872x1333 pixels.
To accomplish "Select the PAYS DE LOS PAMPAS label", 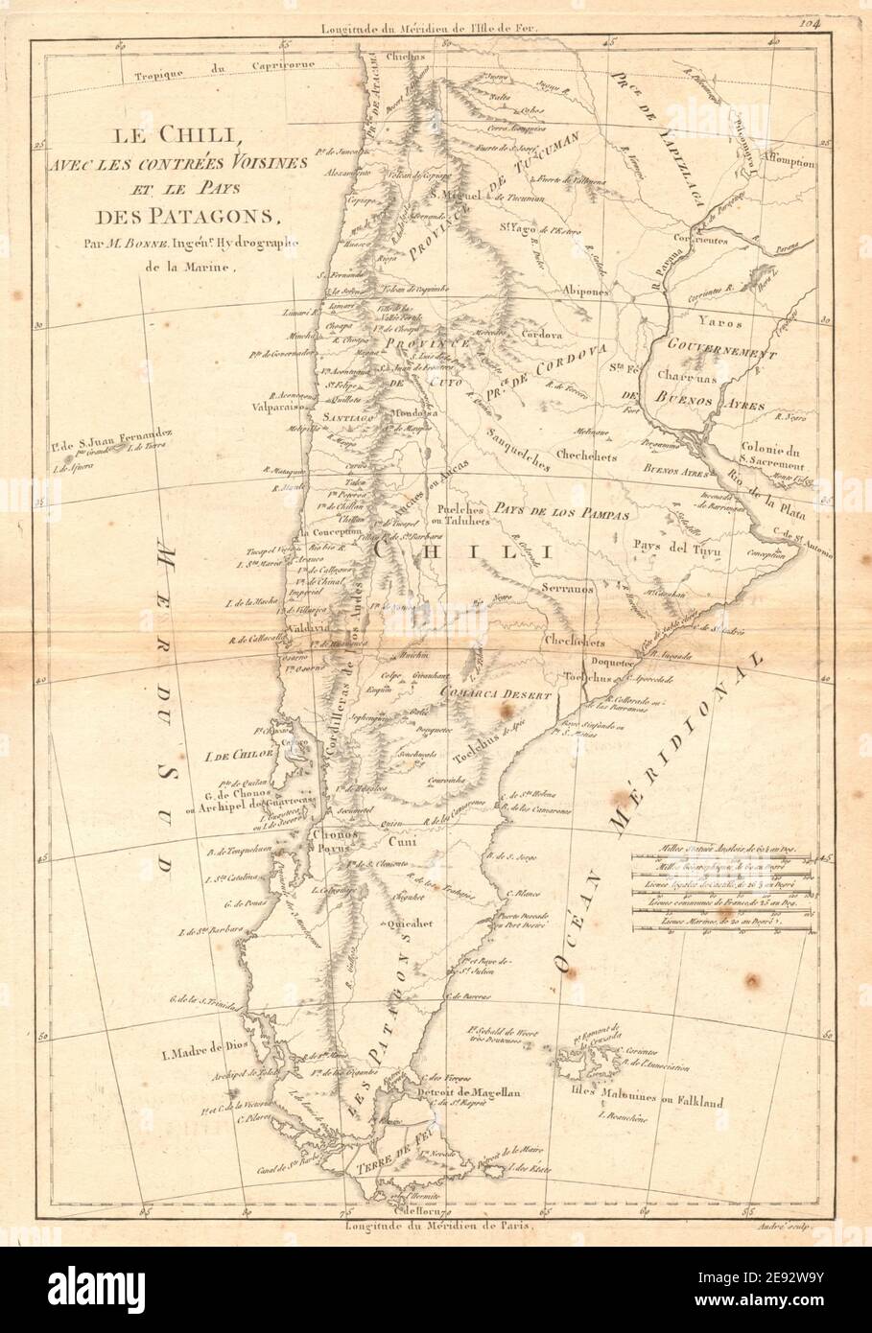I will point(562,514).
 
